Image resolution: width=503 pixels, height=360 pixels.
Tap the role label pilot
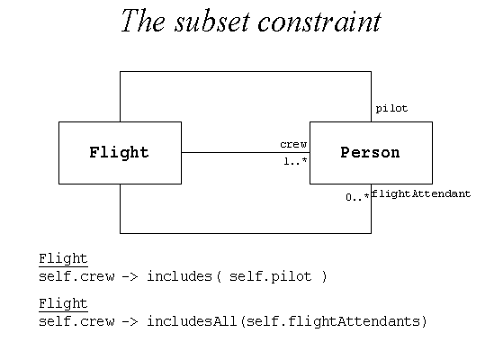[x=391, y=109]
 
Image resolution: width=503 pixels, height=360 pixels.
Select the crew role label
[x=293, y=144]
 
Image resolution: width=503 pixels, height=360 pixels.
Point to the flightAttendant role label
[x=421, y=193]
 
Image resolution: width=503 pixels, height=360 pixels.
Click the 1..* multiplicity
[x=295, y=161]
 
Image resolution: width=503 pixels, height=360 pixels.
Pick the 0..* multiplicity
[x=357, y=197]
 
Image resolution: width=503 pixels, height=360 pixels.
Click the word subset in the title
[x=211, y=22]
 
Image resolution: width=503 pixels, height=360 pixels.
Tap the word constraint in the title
[x=319, y=22]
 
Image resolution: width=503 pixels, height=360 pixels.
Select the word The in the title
[x=143, y=21]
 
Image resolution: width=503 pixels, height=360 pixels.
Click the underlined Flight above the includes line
[x=63, y=259]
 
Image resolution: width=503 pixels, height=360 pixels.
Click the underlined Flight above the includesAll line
[x=63, y=303]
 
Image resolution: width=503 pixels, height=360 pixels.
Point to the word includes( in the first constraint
[x=184, y=276]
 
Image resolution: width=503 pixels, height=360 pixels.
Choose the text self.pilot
[x=271, y=276]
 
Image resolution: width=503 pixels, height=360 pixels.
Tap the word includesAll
[x=192, y=321]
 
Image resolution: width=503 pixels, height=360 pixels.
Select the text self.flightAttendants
[x=333, y=321]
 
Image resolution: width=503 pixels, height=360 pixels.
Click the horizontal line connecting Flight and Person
[x=246, y=152]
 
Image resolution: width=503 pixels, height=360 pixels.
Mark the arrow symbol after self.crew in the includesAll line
[x=130, y=321]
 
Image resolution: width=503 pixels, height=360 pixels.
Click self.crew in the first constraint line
[x=76, y=276]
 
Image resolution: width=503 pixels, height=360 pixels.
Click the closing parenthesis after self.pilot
[x=324, y=276]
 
